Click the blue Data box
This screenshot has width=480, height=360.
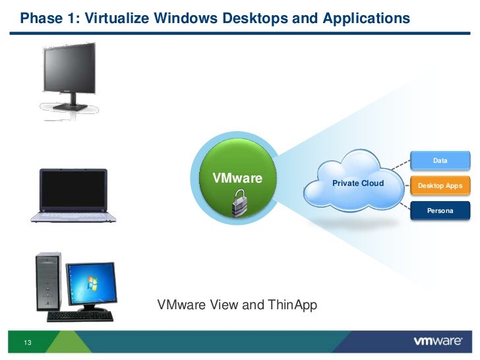tap(440, 160)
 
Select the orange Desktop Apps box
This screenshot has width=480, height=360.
tap(440, 185)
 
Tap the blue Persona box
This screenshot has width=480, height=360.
tap(440, 210)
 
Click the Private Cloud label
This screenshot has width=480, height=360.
tap(357, 183)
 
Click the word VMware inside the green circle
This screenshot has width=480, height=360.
tap(236, 178)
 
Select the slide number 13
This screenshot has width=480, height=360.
tap(28, 342)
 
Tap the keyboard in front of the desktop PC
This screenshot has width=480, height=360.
tap(81, 316)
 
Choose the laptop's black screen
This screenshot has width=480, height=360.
tap(73, 188)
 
